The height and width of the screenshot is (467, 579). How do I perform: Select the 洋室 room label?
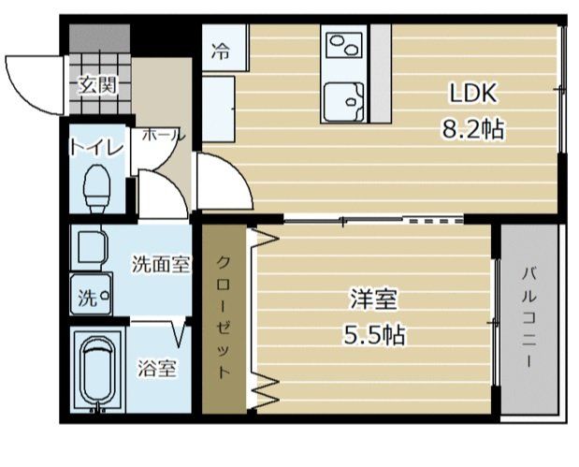point(374,300)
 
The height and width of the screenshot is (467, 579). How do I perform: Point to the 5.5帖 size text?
point(373,334)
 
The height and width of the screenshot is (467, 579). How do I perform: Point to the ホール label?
point(163,136)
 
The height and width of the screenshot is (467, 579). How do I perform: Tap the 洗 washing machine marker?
point(89,299)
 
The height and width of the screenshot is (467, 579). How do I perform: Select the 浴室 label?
point(157,368)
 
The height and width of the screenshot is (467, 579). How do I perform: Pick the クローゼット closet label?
point(224,315)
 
